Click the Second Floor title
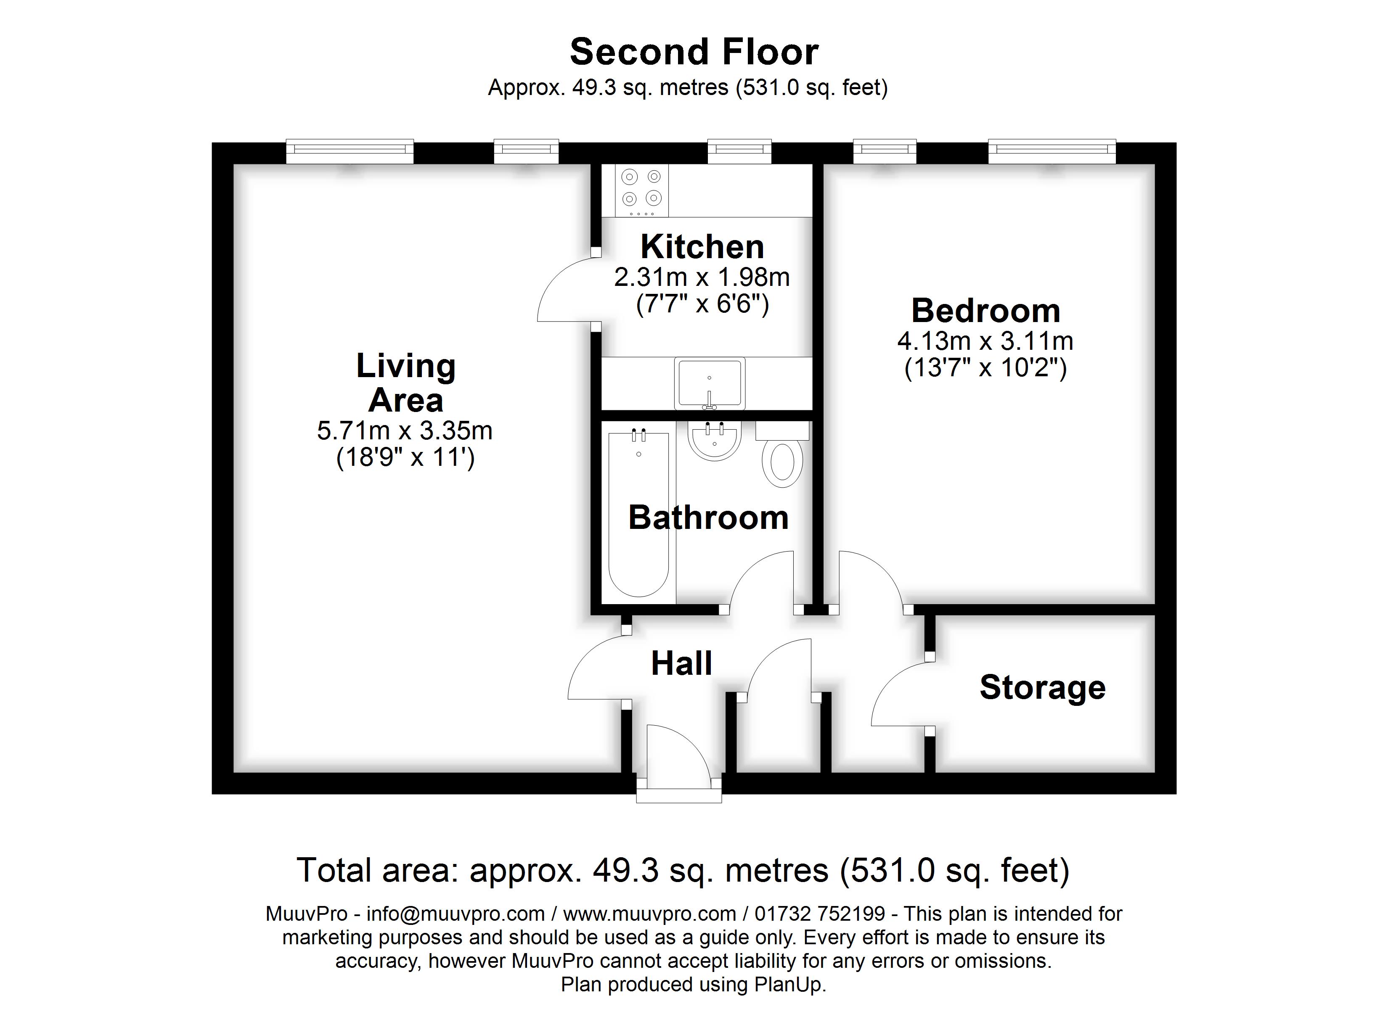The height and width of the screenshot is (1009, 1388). pyautogui.click(x=694, y=52)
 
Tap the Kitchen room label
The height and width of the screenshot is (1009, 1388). pyautogui.click(x=702, y=247)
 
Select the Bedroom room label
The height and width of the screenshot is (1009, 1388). pyautogui.click(x=985, y=311)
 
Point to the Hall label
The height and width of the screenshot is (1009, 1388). pyautogui.click(x=681, y=663)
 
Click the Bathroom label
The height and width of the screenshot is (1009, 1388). pyautogui.click(x=708, y=518)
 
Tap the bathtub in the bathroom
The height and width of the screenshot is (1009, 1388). pyautogui.click(x=638, y=514)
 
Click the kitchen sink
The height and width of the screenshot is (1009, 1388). pyautogui.click(x=709, y=383)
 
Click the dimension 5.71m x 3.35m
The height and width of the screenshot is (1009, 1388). pyautogui.click(x=405, y=431)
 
